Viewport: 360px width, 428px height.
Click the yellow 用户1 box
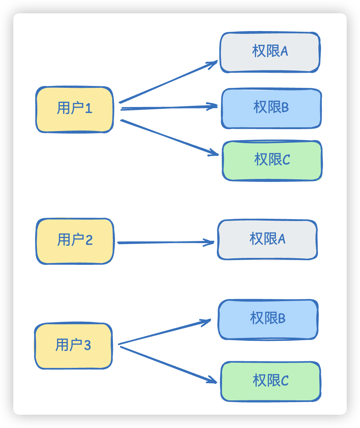click(75, 110)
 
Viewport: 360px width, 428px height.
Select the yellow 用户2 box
click(75, 241)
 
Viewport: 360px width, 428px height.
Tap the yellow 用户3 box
click(73, 346)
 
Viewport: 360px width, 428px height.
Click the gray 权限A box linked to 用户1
click(270, 52)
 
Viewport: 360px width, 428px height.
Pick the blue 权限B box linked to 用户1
click(271, 108)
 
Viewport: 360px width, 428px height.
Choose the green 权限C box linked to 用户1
click(272, 160)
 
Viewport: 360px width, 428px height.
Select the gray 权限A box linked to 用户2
click(267, 240)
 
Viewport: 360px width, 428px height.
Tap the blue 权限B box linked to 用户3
click(268, 319)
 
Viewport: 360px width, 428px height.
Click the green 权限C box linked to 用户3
click(270, 381)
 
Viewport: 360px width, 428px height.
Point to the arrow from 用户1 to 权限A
click(168, 82)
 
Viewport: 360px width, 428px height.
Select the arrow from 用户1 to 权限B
click(169, 107)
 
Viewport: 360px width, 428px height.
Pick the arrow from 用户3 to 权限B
click(164, 332)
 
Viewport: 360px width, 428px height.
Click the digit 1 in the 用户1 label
click(89, 109)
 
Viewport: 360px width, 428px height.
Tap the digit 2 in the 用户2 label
click(89, 241)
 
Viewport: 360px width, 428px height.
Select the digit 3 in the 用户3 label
click(87, 346)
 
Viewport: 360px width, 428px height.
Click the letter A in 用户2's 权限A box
click(281, 240)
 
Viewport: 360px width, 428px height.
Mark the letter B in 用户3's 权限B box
click(282, 319)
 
